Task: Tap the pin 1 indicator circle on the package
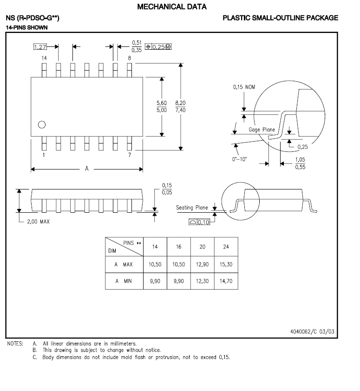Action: point(42,124)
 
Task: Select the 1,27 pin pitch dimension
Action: point(40,46)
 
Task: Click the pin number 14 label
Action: point(44,58)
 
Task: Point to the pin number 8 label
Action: point(130,58)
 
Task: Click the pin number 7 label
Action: point(130,155)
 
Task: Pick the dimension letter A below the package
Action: point(86,169)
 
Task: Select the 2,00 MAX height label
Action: point(38,222)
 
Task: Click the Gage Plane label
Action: point(262,130)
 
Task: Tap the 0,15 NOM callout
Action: point(244,87)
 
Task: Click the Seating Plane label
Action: point(192,208)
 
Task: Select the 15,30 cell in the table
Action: point(226,264)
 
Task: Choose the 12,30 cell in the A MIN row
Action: point(202,281)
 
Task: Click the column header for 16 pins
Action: point(178,247)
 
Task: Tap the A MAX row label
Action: point(124,264)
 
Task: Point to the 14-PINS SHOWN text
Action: point(26,28)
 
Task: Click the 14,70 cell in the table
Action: point(226,281)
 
